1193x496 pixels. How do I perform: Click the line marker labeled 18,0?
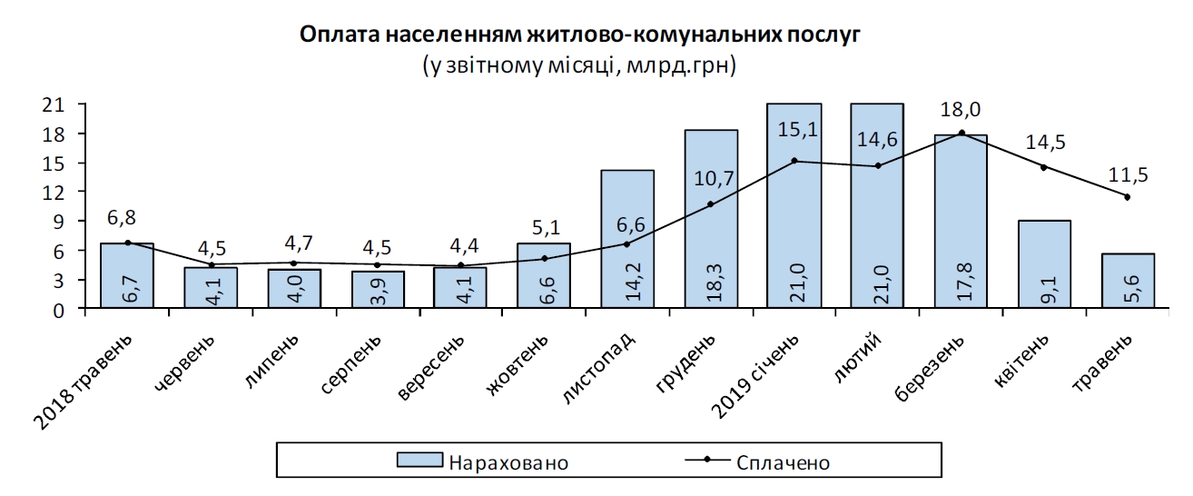click(x=961, y=134)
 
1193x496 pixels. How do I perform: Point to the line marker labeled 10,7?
click(x=711, y=204)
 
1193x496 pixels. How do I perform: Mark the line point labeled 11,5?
click(x=1127, y=197)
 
